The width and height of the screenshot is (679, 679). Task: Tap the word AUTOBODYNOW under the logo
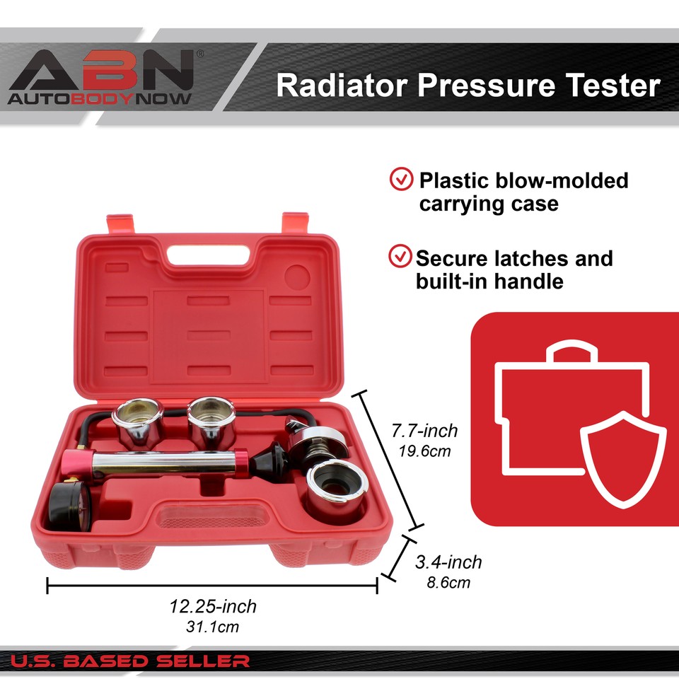point(100,98)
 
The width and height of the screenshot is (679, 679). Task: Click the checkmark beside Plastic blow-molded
point(401,180)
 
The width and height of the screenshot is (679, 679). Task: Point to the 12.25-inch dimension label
point(213,606)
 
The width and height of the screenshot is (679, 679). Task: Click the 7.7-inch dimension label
point(425,430)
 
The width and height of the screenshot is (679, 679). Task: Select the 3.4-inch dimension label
point(448,562)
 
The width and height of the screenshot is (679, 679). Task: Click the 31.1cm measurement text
point(213,627)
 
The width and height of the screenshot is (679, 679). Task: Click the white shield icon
point(622,456)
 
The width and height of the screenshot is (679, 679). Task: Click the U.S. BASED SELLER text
point(130,662)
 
